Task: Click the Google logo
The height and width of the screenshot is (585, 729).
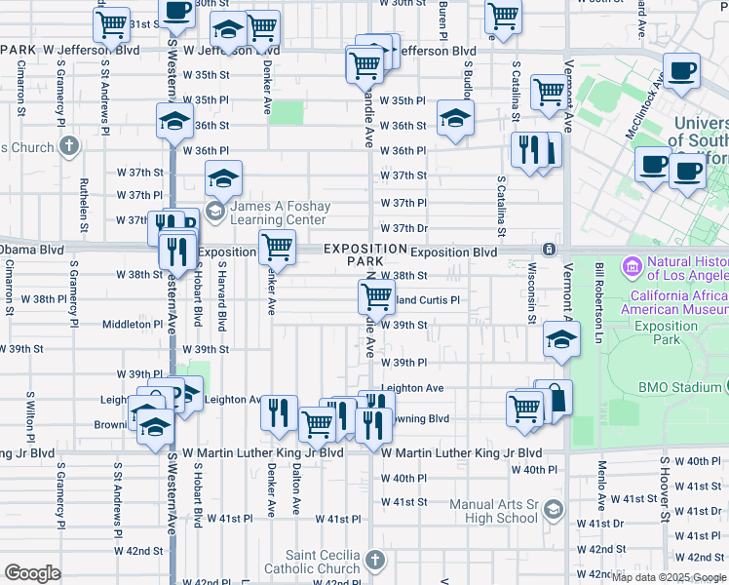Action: coord(32,573)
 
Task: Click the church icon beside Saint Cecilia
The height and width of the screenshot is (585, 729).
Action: coord(376,561)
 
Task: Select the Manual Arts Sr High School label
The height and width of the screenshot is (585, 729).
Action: coord(494,511)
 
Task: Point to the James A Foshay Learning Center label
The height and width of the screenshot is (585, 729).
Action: coord(279,214)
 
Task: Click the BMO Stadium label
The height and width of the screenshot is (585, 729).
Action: coord(681,387)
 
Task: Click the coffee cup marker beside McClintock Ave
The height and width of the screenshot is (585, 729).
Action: coord(682,70)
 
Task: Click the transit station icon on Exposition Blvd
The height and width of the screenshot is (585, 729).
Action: coord(550,250)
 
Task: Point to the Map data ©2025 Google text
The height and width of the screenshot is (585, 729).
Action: coord(670,576)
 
